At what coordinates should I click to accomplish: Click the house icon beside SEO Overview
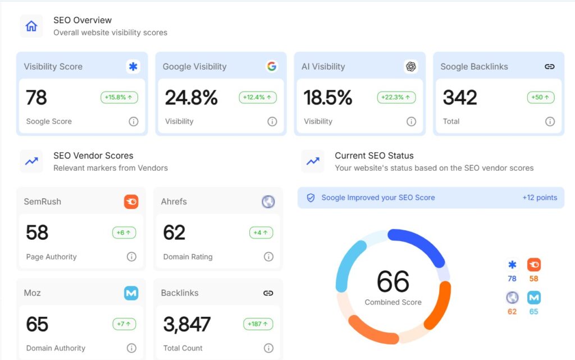coord(31,26)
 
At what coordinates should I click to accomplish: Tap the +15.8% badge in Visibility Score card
coord(119,97)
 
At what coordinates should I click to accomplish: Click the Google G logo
coord(272,66)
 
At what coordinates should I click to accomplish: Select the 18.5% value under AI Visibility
coord(328,98)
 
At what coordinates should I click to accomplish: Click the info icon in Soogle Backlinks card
coord(550,121)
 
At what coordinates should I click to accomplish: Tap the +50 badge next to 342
coord(541,97)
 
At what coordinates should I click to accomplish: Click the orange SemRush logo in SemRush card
coord(131,202)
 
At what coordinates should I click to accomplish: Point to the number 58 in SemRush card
coord(37,233)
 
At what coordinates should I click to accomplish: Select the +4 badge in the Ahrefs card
coord(261,233)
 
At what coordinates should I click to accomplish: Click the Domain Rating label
coord(188,257)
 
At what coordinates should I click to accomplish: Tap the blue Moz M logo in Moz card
coord(131,293)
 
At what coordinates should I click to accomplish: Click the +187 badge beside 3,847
coord(258,324)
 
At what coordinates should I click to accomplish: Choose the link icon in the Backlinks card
coord(268,293)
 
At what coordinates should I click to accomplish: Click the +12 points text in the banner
coord(540,198)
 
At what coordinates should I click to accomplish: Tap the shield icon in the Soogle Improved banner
coord(311,198)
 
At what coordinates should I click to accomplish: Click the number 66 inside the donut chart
coord(393,281)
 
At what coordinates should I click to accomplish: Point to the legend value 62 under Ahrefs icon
coord(512,311)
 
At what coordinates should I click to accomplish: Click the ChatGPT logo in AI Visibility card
coord(411,66)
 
